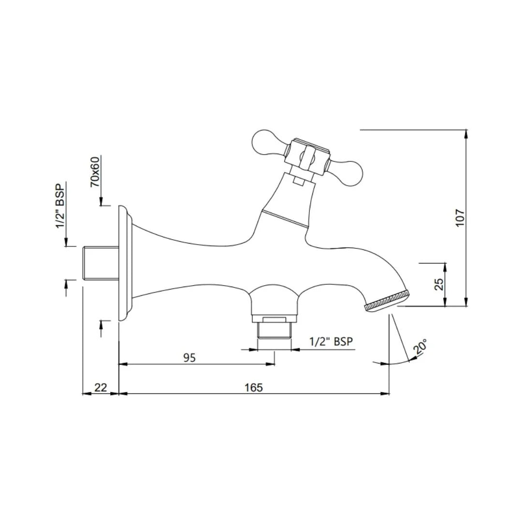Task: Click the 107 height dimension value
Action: [460, 218]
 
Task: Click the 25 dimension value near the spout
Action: [439, 284]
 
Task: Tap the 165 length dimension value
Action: [254, 388]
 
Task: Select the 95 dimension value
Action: [189, 358]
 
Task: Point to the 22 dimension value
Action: [101, 388]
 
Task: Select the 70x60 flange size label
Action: [95, 172]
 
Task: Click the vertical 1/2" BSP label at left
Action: [60, 206]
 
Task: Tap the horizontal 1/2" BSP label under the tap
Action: [331, 342]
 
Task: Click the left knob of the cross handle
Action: [266, 143]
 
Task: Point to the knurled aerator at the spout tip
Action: [387, 300]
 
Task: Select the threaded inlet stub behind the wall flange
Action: [101, 263]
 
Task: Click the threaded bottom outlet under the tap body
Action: [275, 330]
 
